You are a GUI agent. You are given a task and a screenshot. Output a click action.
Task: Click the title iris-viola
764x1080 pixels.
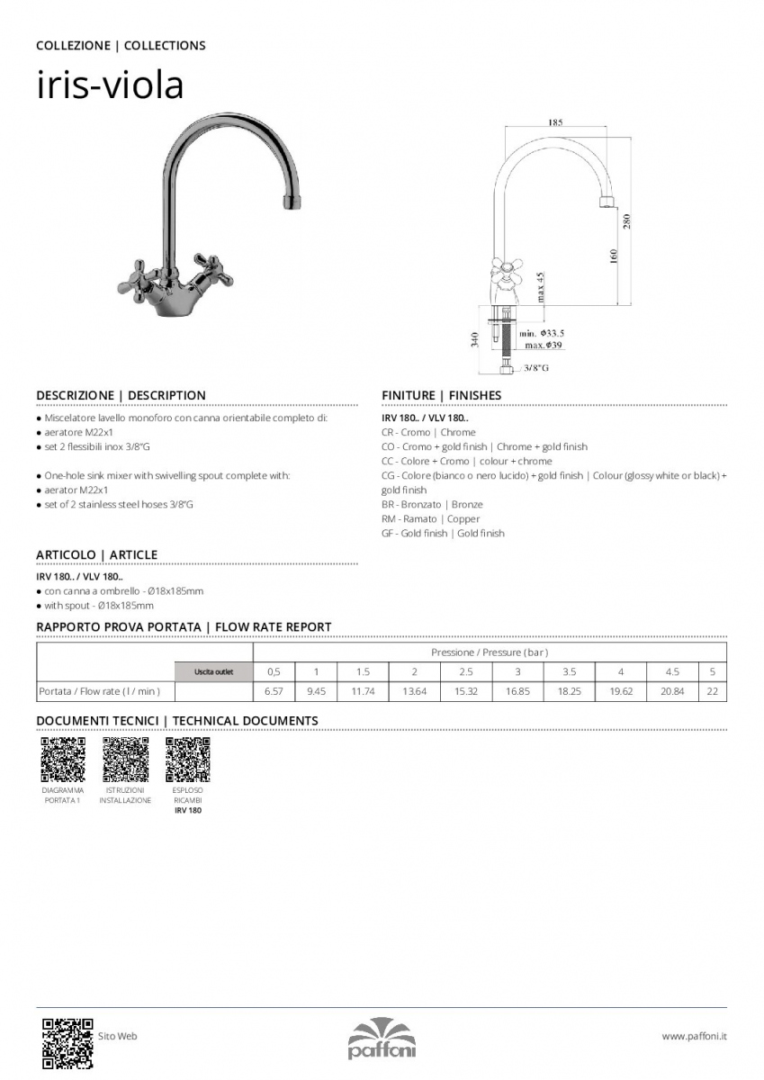click(x=110, y=85)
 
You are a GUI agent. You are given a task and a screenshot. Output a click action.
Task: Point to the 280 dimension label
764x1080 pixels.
click(x=627, y=220)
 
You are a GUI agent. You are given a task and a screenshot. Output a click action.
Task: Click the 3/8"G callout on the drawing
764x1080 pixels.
click(x=537, y=368)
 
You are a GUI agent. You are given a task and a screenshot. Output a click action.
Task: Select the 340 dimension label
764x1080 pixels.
click(x=474, y=339)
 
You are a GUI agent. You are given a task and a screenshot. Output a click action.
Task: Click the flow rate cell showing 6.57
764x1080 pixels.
click(x=274, y=691)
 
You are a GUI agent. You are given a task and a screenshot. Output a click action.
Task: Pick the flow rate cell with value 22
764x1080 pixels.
click(x=712, y=691)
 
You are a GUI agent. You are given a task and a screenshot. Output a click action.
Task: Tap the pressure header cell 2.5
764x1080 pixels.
click(x=465, y=671)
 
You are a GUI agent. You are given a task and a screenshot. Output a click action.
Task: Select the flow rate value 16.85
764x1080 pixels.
click(x=517, y=691)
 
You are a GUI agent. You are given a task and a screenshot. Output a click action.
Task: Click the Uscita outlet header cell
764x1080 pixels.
click(x=213, y=671)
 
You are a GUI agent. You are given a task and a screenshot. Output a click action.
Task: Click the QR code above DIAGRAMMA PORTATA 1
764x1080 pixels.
click(x=63, y=760)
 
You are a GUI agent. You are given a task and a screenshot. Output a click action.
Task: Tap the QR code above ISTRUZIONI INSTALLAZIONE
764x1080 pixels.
click(x=125, y=760)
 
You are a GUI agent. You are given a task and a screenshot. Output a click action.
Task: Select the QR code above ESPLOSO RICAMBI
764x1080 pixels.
click(x=188, y=760)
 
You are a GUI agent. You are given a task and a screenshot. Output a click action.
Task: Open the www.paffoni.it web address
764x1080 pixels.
click(x=694, y=1037)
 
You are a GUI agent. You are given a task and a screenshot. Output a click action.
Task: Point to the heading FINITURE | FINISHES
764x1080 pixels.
click(x=441, y=395)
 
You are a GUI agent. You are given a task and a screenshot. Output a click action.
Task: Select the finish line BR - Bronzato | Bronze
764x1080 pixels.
click(x=432, y=505)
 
